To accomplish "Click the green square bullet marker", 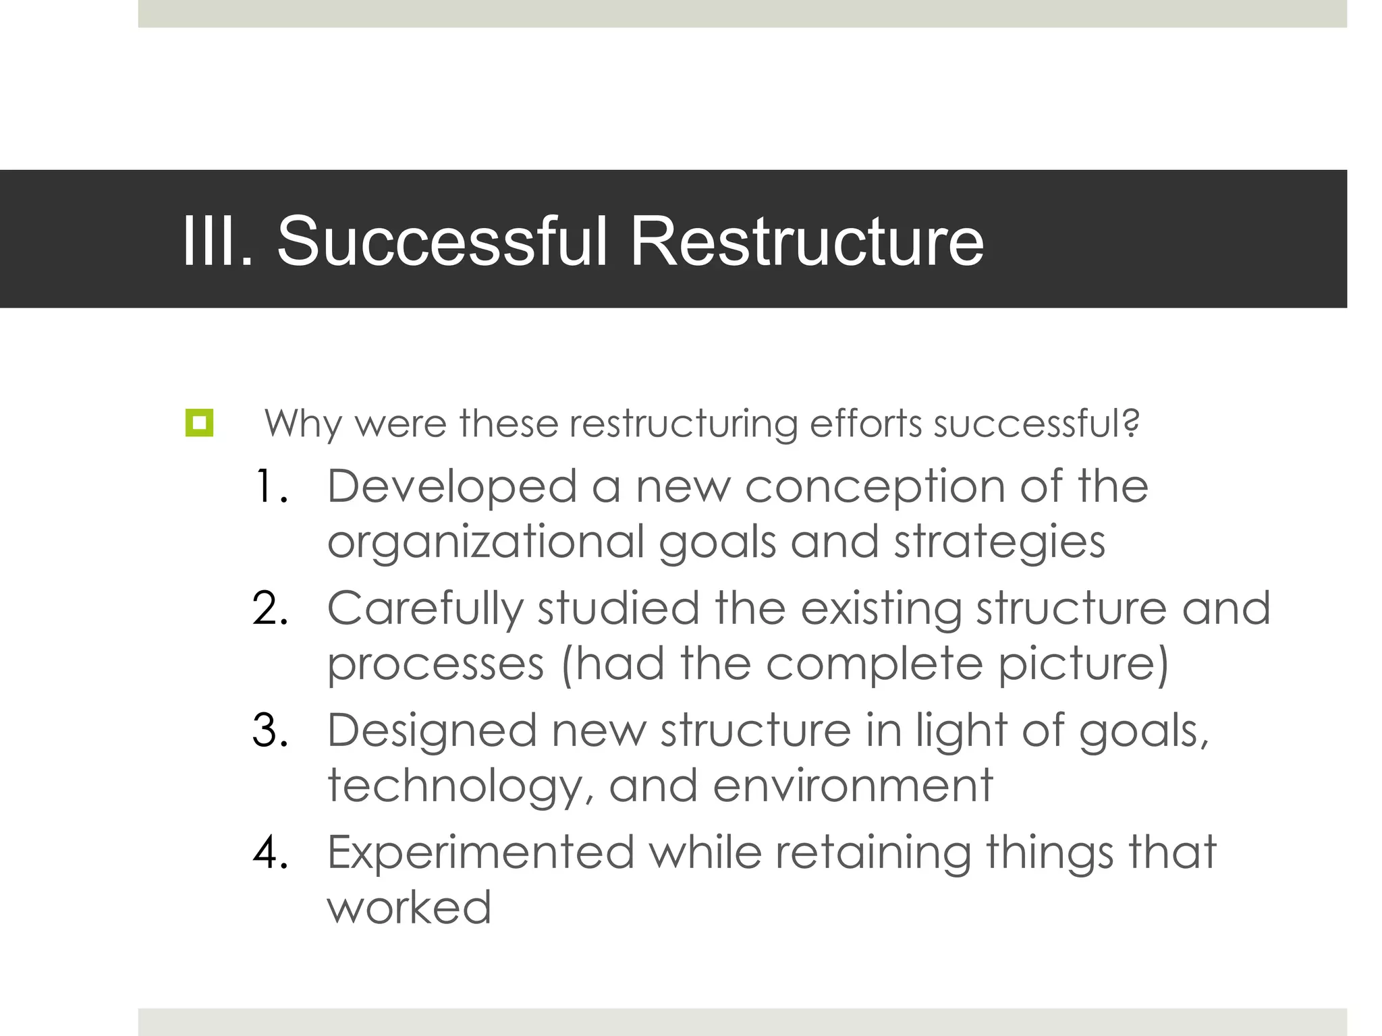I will [199, 423].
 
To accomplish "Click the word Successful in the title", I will [443, 241].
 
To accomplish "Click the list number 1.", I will [271, 486].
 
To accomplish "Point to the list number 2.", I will [271, 608].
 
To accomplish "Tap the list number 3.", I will [271, 730].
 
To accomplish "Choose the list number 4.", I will [271, 853].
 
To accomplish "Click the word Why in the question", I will [303, 424].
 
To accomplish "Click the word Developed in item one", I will [452, 486].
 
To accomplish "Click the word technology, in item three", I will [461, 786].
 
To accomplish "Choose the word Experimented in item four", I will [480, 853].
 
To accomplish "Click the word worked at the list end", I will [409, 908].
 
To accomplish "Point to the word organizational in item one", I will [486, 543].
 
